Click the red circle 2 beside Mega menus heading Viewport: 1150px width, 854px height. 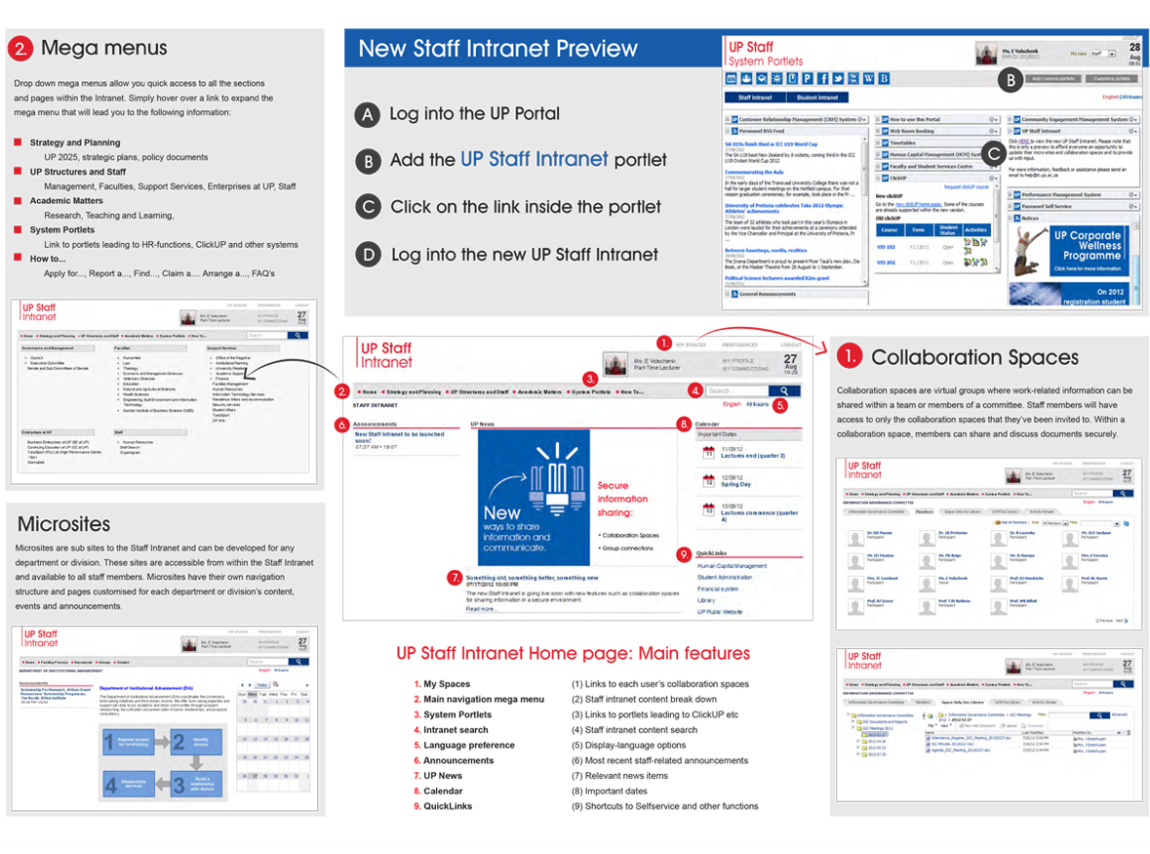tap(23, 49)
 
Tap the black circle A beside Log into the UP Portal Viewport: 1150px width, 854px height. tap(367, 114)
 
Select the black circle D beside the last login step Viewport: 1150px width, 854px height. tap(367, 255)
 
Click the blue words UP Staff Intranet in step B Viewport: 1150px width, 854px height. tap(535, 160)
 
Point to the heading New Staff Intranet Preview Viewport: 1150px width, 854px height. tap(497, 49)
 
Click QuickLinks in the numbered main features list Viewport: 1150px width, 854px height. tap(451, 806)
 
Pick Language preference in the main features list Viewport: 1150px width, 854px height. tap(468, 746)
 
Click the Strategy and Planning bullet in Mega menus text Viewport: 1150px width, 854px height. tap(75, 142)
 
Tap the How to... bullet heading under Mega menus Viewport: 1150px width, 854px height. tap(48, 260)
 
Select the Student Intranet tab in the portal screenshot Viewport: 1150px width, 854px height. tap(817, 98)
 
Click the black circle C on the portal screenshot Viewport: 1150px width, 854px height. tap(994, 152)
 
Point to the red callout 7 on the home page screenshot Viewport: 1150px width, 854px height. tap(454, 578)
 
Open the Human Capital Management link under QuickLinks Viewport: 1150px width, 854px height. tap(732, 566)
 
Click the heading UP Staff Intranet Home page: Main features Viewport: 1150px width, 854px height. tap(573, 654)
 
